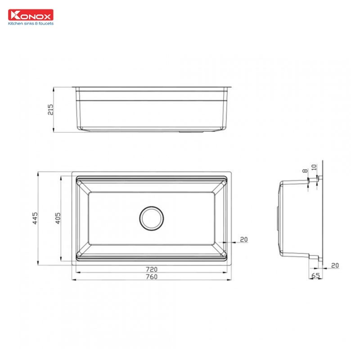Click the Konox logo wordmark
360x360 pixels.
(31, 15)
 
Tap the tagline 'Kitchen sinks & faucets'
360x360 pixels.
(31, 23)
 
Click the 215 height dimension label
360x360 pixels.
(50, 109)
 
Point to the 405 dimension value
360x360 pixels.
(58, 218)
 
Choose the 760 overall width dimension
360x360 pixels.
(152, 277)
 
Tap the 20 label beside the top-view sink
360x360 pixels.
(243, 239)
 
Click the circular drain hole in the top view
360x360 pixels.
(151, 218)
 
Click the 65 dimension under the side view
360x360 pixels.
(315, 275)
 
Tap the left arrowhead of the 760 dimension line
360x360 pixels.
(73, 280)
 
